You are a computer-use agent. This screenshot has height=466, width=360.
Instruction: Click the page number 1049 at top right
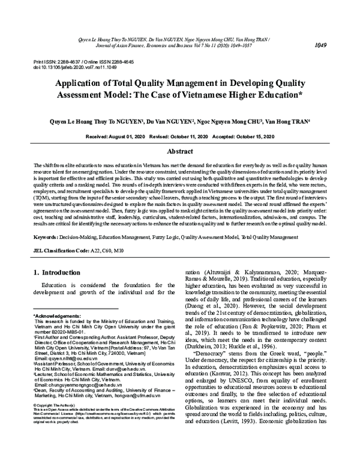coord(337,28)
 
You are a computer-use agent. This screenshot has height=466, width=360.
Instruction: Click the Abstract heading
coord(179,152)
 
